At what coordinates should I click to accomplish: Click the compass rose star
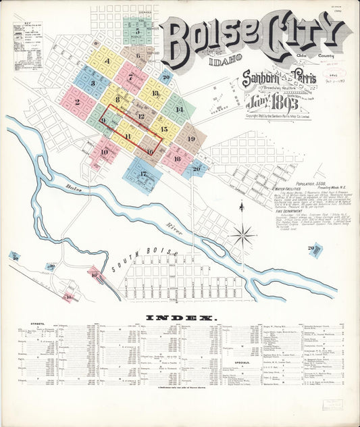point(242,235)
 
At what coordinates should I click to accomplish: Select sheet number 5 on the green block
point(138,30)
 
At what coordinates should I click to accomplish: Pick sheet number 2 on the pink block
point(78,103)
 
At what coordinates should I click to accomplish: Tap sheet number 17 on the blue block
point(143,174)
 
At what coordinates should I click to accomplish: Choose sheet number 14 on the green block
point(179,108)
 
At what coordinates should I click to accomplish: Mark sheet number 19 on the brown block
point(191,139)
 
